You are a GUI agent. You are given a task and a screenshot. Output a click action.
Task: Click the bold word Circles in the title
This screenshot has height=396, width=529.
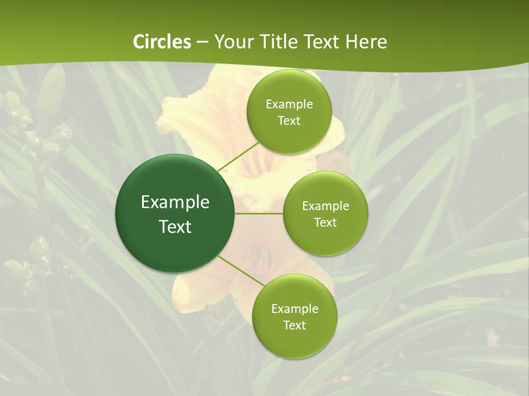pos(162,42)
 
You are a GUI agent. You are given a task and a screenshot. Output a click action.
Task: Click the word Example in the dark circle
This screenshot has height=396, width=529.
pos(175,202)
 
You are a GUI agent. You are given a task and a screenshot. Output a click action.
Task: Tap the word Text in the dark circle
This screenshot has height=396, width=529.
pos(175,227)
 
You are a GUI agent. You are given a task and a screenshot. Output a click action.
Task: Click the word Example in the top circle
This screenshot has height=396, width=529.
pos(289,105)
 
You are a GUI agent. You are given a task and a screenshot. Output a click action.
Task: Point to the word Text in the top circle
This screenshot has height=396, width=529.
pos(289,121)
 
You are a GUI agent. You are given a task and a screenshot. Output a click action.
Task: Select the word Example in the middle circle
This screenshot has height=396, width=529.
pos(325,206)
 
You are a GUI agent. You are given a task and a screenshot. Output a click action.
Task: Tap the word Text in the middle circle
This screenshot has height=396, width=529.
pos(325,223)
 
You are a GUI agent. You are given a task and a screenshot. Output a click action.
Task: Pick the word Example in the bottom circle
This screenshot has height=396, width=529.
pos(294,309)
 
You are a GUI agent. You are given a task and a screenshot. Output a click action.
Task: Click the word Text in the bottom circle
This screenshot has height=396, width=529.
pos(294,326)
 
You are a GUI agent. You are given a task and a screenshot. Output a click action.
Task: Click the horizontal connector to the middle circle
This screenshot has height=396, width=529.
pos(259,213)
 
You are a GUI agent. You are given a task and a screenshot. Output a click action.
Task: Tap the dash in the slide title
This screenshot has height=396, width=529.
pos(202,42)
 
